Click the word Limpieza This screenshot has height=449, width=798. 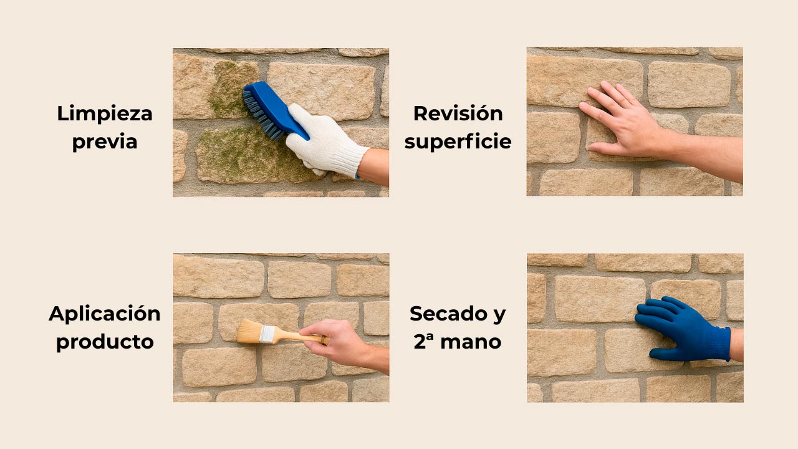point(105,113)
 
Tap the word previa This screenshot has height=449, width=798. point(105,142)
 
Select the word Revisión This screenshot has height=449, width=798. point(458,113)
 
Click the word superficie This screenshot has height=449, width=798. point(458,142)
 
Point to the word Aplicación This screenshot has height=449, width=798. point(105,313)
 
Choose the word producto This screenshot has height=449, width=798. point(105,342)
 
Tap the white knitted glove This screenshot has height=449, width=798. point(321,140)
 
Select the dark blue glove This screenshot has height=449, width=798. point(683,327)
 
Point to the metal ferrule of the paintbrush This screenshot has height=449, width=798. point(267,334)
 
